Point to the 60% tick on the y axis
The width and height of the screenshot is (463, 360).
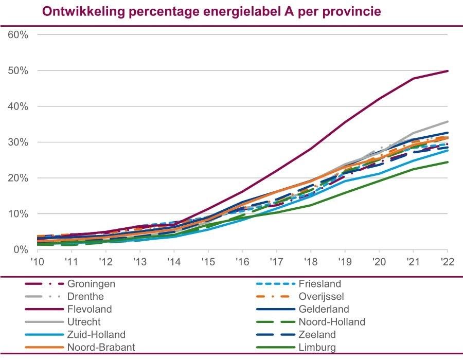tap(17, 34)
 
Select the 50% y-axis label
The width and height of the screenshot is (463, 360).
tap(17, 70)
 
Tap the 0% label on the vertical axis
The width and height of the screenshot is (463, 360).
tap(20, 249)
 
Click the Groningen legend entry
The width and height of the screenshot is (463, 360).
tap(91, 284)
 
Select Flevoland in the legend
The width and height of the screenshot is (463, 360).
tap(90, 309)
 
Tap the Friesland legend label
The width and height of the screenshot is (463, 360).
tap(319, 284)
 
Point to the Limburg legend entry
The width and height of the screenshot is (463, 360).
tap(317, 347)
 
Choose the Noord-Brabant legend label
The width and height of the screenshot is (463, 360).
tap(101, 347)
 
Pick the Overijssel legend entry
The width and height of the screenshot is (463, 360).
tap(322, 297)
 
